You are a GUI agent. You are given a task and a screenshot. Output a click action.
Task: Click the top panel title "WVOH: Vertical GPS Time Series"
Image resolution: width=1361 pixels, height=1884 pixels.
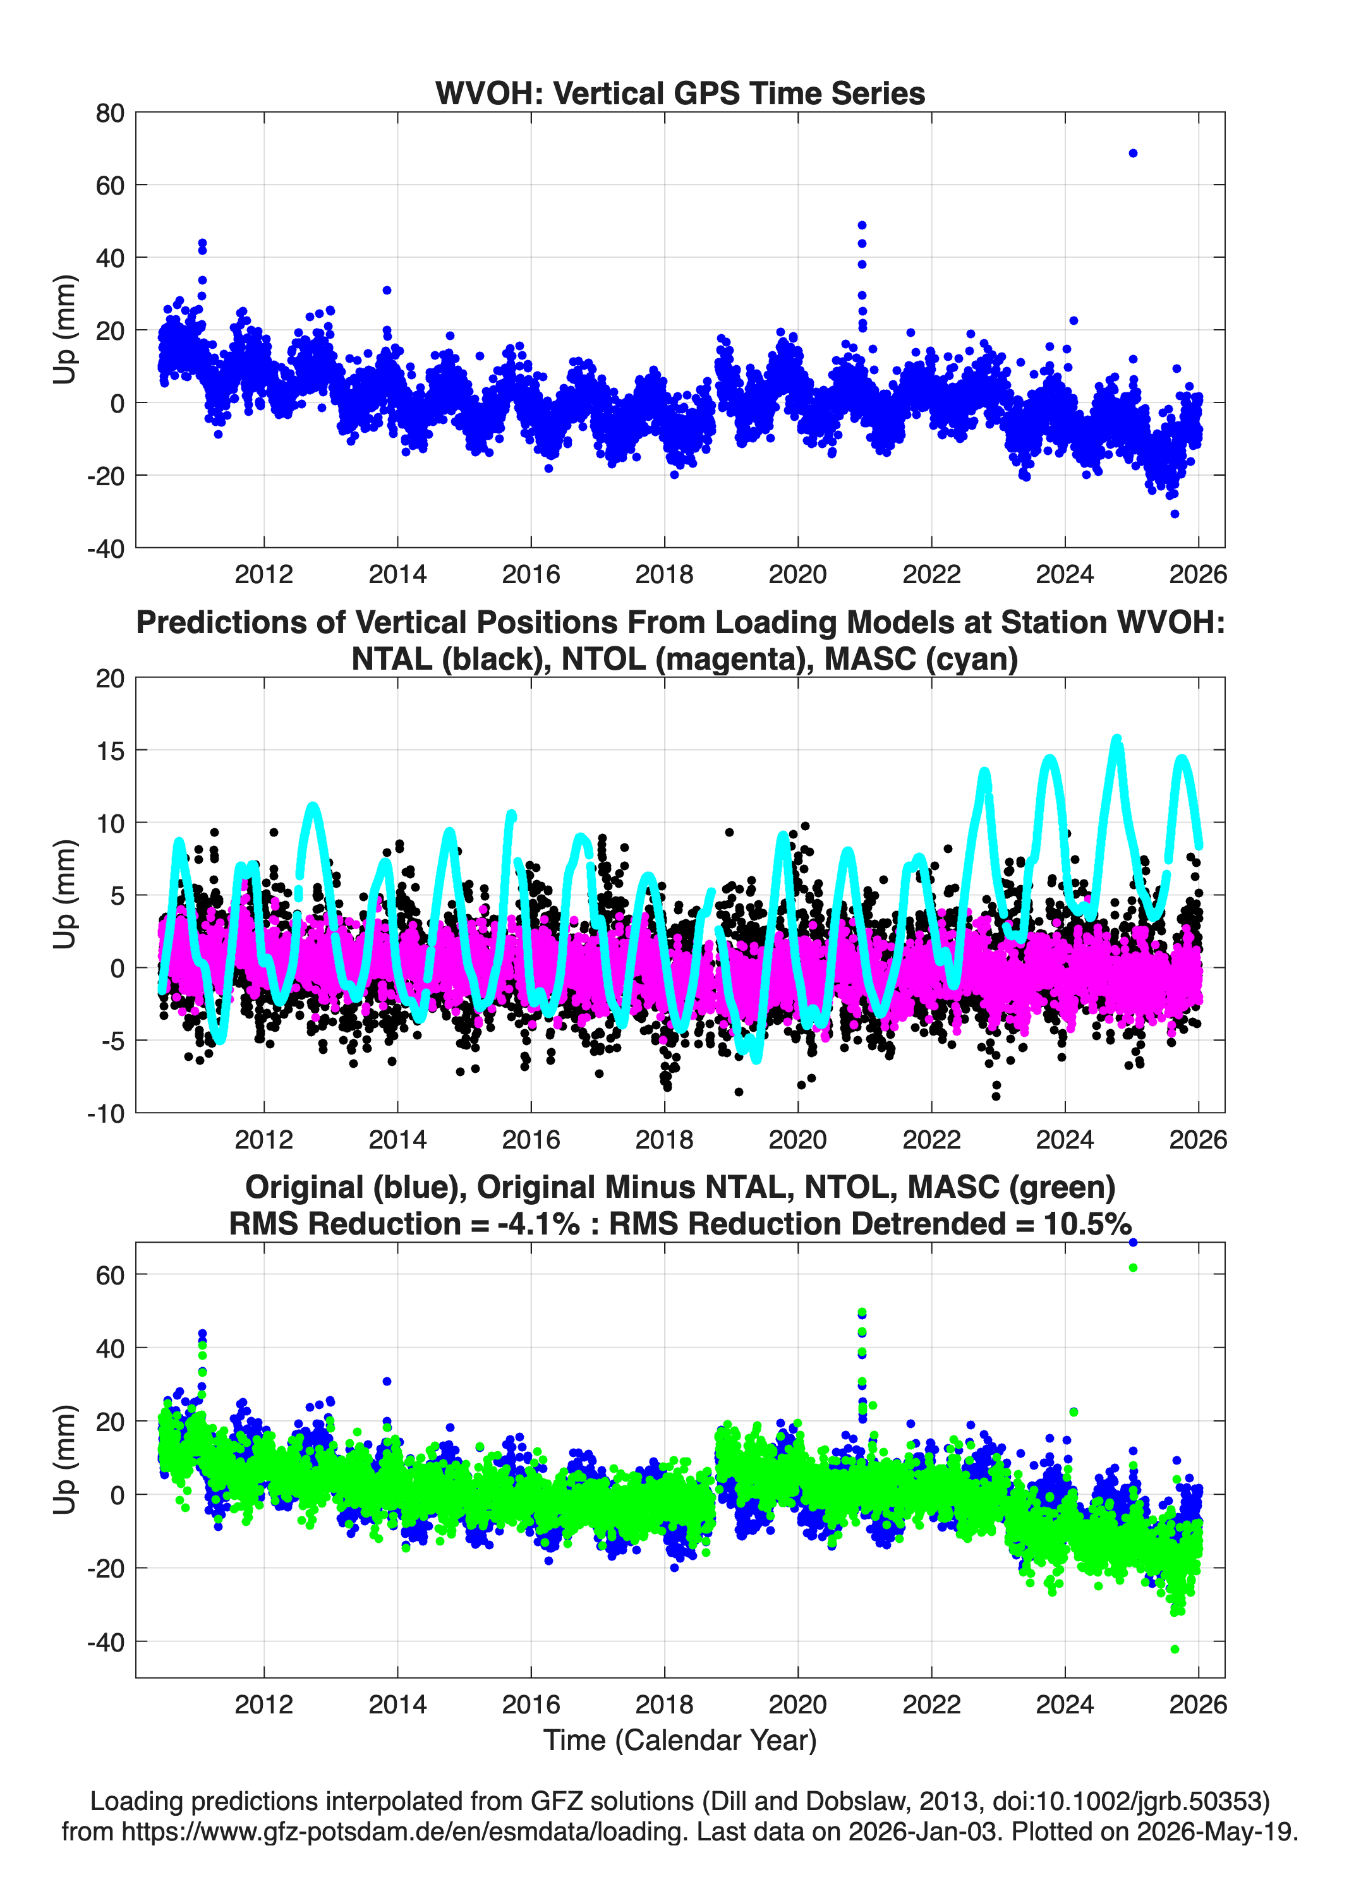pyautogui.click(x=680, y=93)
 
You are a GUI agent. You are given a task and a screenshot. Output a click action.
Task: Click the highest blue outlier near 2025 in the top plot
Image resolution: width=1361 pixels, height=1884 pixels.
pyautogui.click(x=1132, y=153)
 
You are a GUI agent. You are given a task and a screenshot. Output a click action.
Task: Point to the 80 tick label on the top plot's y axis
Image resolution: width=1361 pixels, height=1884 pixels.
pyautogui.click(x=110, y=113)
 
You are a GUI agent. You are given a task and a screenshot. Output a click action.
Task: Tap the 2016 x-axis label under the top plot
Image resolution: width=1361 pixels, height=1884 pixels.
pyautogui.click(x=531, y=574)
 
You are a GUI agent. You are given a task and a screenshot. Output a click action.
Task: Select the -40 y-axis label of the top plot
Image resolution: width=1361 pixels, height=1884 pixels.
pyautogui.click(x=106, y=548)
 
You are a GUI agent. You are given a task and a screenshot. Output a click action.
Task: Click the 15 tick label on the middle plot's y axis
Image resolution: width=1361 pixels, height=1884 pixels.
pyautogui.click(x=111, y=750)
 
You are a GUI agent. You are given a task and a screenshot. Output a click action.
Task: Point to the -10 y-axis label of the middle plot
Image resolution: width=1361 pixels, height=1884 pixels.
pyautogui.click(x=106, y=1113)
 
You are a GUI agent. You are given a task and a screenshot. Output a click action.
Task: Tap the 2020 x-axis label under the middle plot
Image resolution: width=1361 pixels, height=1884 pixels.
pyautogui.click(x=797, y=1139)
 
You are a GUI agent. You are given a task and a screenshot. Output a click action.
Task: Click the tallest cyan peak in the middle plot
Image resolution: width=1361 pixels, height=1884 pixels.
pyautogui.click(x=1116, y=739)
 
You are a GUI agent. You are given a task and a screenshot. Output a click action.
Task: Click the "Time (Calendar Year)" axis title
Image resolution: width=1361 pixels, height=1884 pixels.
pyautogui.click(x=680, y=1739)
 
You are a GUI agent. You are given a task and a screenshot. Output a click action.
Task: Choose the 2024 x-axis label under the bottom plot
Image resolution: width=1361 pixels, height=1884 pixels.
pyautogui.click(x=1065, y=1704)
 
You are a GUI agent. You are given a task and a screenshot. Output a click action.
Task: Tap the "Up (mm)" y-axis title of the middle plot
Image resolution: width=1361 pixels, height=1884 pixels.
pyautogui.click(x=65, y=895)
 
